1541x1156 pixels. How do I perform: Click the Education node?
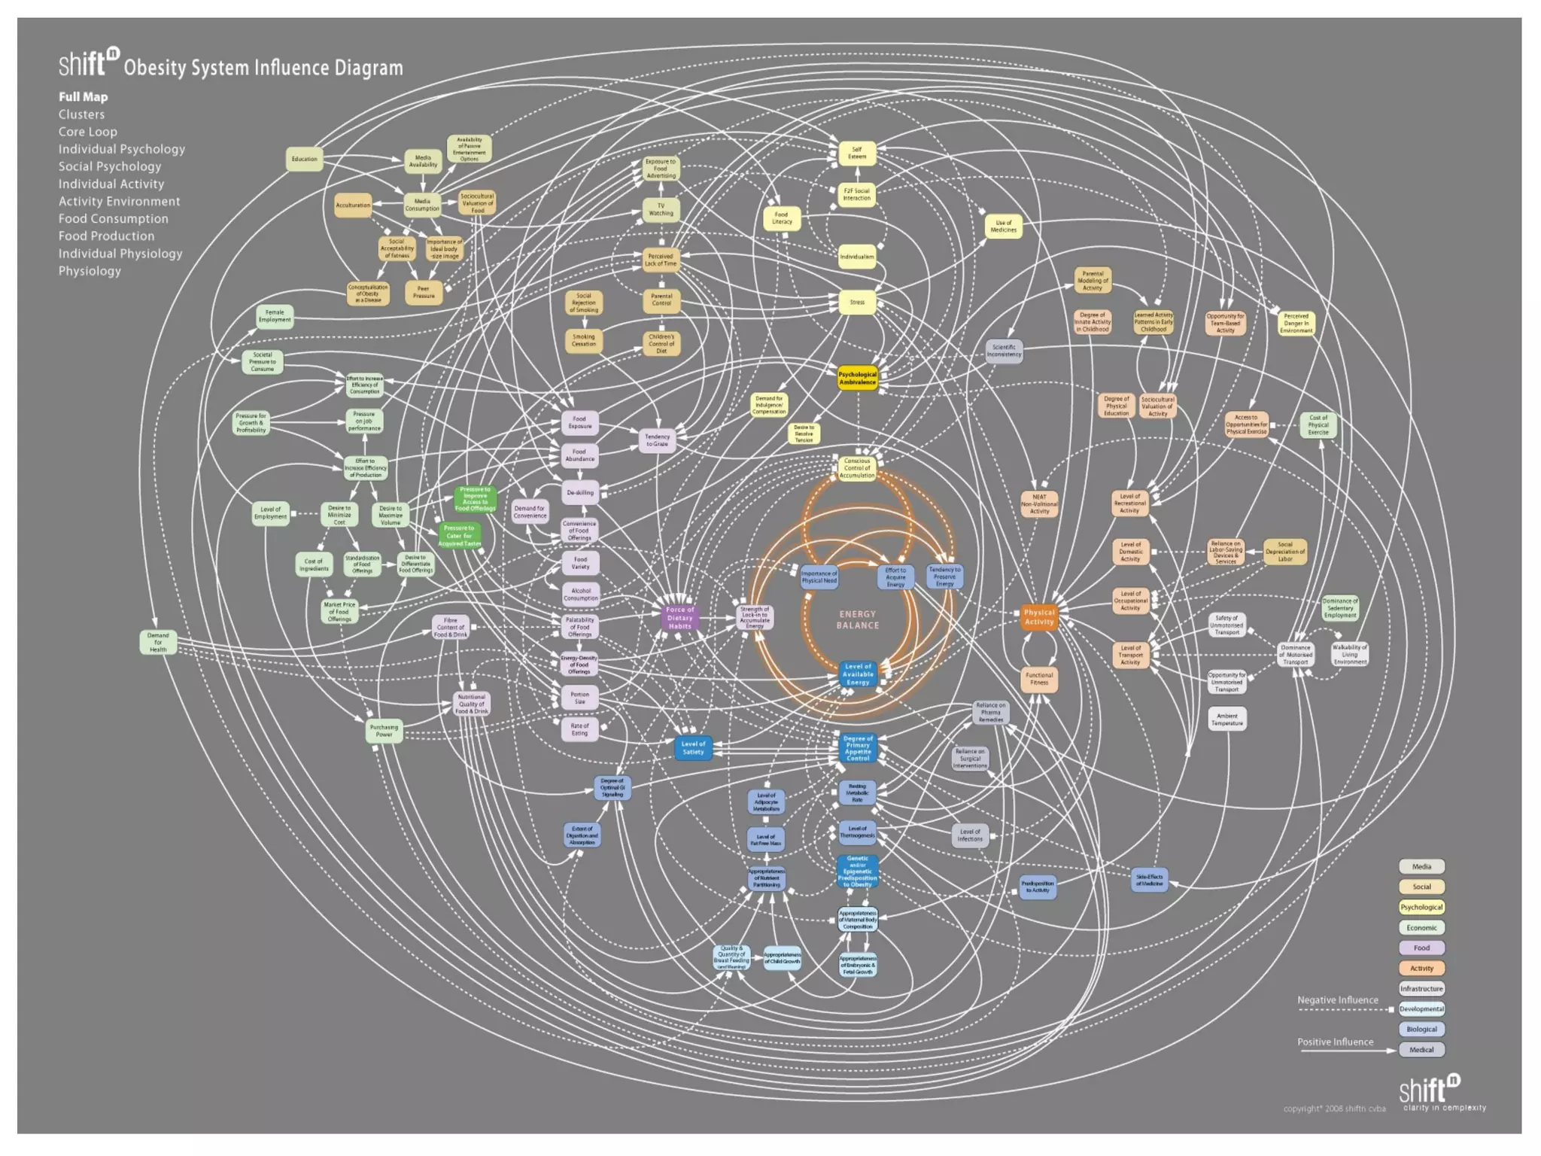point(304,159)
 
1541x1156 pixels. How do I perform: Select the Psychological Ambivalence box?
point(857,378)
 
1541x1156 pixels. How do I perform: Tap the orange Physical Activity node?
point(1039,617)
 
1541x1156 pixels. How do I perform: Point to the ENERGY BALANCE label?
point(858,619)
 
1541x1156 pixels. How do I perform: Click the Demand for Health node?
point(158,642)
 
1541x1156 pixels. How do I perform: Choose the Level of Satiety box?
point(693,748)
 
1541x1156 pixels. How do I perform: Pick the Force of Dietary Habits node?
point(679,618)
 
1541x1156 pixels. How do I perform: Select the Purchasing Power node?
point(384,731)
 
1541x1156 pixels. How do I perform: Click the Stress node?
point(857,303)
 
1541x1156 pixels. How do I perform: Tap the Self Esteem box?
point(857,153)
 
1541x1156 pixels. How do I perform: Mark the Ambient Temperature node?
point(1227,719)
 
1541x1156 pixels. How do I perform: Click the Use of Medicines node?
point(1003,227)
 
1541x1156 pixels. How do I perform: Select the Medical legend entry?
point(1421,1049)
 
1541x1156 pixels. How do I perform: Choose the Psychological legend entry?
point(1421,907)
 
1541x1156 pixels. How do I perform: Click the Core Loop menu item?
point(88,132)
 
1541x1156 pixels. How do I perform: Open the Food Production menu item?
point(106,236)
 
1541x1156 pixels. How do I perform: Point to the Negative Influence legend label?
point(1338,1000)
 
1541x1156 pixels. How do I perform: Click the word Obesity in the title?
point(155,68)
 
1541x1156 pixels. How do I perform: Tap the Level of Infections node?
point(970,835)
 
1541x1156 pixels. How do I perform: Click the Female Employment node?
point(275,316)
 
